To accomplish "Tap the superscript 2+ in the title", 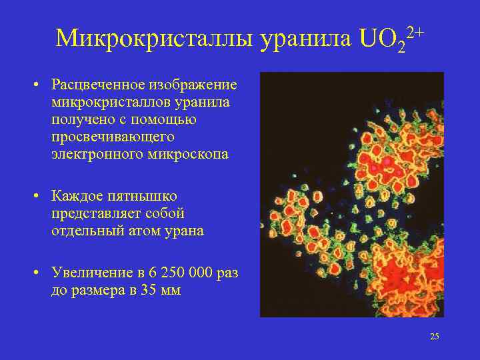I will [414, 31].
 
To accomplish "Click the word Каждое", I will [75, 197].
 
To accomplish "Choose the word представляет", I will [91, 214].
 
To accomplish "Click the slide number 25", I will [435, 337].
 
